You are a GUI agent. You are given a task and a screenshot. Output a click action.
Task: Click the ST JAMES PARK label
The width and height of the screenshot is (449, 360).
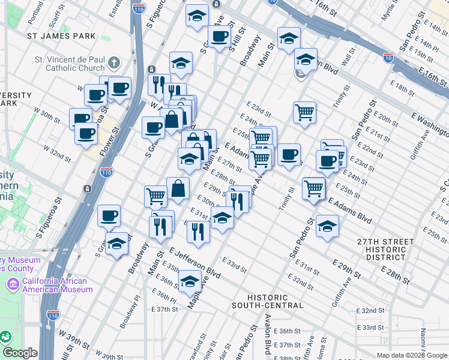pos(62,36)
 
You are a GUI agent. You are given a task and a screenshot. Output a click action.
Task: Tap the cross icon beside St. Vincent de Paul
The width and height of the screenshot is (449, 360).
pos(114,62)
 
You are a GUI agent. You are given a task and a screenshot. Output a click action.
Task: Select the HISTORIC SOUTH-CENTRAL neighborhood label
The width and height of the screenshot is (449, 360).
pos(267,301)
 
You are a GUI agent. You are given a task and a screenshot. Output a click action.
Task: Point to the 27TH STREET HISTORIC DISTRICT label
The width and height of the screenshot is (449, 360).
pos(385,249)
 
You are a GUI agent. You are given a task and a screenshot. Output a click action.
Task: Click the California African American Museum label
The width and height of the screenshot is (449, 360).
pos(55,285)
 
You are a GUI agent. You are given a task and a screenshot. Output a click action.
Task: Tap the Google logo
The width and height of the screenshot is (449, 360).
pos(20,353)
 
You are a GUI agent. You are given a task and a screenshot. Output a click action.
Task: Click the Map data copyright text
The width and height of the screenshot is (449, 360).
pos(412,355)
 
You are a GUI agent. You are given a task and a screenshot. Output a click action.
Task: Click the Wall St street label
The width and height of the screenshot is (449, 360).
pos(346,59)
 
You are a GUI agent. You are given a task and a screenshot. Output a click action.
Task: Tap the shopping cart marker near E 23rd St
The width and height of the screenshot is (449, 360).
pos(305,112)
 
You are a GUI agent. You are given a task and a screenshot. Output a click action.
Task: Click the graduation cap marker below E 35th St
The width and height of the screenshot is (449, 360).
pos(190,280)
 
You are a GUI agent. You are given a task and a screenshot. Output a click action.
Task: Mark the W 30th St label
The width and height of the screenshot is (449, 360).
pos(47,115)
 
